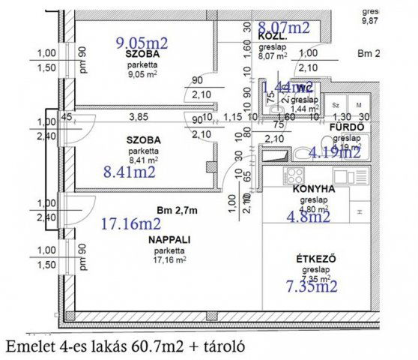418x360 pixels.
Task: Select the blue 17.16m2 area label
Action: click(130, 223)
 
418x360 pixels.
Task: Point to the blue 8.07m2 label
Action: click(284, 28)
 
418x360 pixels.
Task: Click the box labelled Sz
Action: click(337, 106)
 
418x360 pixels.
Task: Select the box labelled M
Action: click(359, 106)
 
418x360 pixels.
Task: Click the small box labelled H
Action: click(361, 212)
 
